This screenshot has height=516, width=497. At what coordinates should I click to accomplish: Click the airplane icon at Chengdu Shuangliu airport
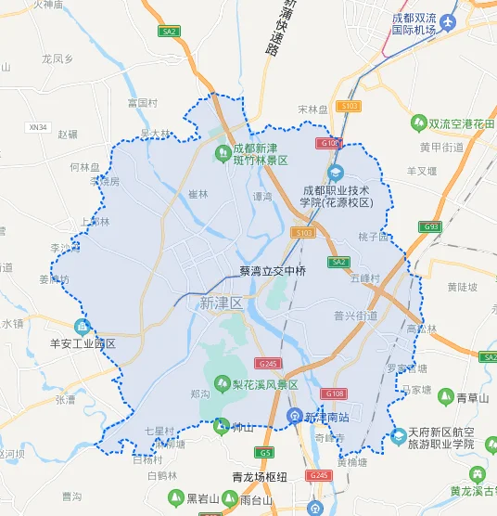pyautogui.click(x=450, y=21)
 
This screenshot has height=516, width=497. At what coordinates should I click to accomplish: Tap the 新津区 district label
pyautogui.click(x=221, y=303)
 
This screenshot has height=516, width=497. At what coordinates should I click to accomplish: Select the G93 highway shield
pyautogui.click(x=429, y=226)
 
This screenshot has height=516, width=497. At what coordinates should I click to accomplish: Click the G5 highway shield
pyautogui.click(x=266, y=452)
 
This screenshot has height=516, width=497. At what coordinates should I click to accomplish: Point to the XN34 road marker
pyautogui.click(x=38, y=127)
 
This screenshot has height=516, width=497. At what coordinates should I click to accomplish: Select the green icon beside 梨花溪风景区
pyautogui.click(x=222, y=382)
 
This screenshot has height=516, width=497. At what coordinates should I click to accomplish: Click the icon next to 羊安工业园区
pyautogui.click(x=82, y=327)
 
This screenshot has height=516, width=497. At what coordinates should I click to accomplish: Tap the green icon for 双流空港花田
pyautogui.click(x=418, y=122)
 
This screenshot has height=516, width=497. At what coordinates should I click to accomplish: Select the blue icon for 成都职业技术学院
pyautogui.click(x=337, y=172)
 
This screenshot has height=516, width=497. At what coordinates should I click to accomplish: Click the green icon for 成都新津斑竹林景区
pyautogui.click(x=223, y=152)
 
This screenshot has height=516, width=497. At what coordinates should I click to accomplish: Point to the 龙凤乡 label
pyautogui.click(x=57, y=58)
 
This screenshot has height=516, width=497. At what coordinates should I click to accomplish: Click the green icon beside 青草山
pyautogui.click(x=445, y=397)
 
